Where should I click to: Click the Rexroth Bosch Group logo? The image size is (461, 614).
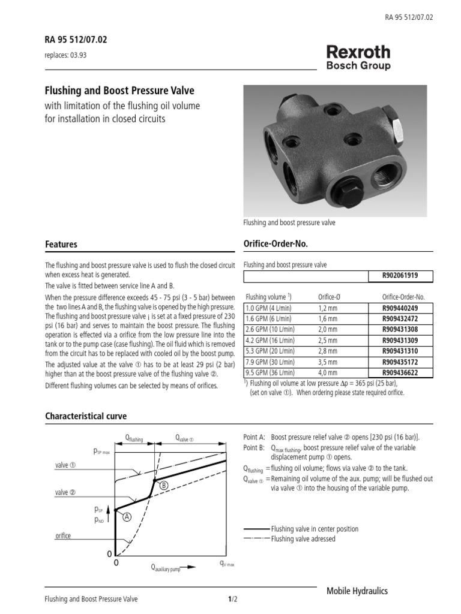click(358, 58)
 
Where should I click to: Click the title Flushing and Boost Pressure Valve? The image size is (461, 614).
click(120, 91)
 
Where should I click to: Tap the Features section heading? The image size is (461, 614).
click(61, 244)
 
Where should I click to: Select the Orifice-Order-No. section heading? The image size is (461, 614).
click(274, 244)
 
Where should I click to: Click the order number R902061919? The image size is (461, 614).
click(400, 276)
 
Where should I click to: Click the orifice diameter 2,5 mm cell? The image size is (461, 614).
click(328, 341)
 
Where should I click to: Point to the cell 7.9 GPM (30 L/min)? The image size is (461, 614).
click(270, 362)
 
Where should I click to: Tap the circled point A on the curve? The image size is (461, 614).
click(127, 517)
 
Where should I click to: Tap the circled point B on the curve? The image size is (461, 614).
click(163, 484)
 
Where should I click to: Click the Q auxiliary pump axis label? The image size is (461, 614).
click(166, 567)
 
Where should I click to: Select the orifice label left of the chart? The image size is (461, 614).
click(63, 536)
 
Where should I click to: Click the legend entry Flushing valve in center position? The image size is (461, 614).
click(315, 529)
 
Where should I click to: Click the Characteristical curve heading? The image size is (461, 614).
click(86, 416)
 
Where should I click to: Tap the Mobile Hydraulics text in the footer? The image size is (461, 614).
click(357, 591)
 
